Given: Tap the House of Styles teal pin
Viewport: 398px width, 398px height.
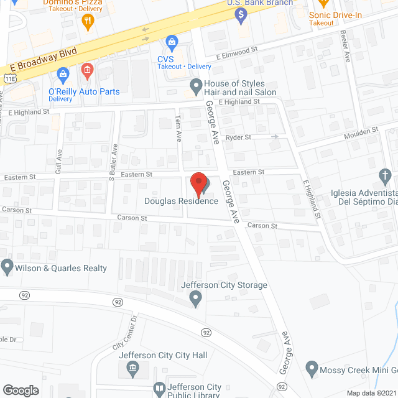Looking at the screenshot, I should (x=196, y=85).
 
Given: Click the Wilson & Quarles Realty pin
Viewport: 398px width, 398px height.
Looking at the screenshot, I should (x=7, y=268).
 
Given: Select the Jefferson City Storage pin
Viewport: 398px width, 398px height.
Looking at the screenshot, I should (x=196, y=300).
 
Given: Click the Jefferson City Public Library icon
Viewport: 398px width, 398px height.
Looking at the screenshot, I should (x=160, y=390).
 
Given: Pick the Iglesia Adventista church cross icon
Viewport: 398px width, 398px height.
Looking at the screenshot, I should (x=385, y=175).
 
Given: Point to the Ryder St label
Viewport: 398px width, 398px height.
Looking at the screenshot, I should (x=238, y=137).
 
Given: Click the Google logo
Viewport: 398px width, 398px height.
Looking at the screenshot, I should (x=21, y=390).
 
